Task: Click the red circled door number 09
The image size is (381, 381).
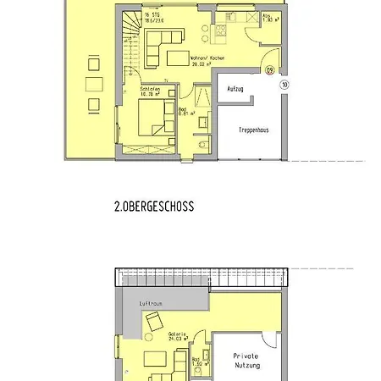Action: [x=269, y=71]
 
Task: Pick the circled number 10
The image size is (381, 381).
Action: [x=285, y=85]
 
